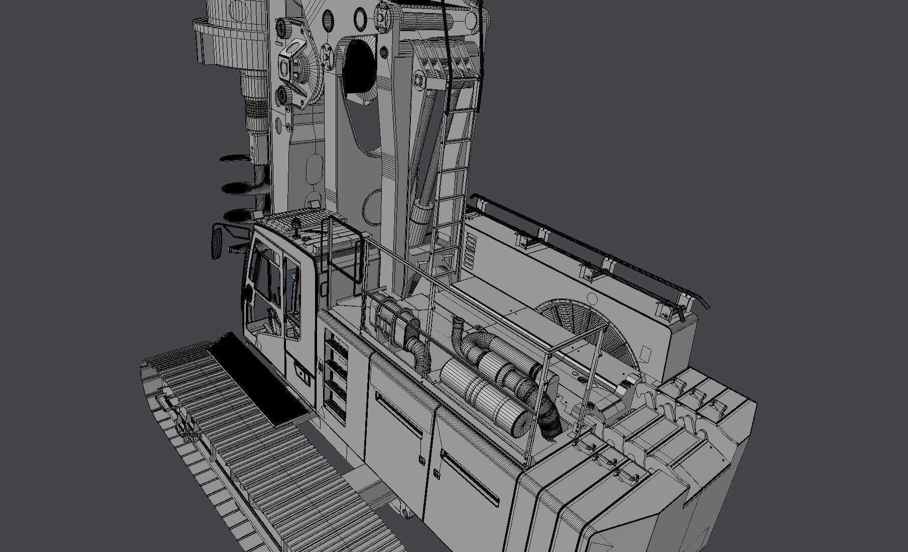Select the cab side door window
[x=292, y=296]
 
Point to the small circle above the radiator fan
[x=592, y=300]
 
